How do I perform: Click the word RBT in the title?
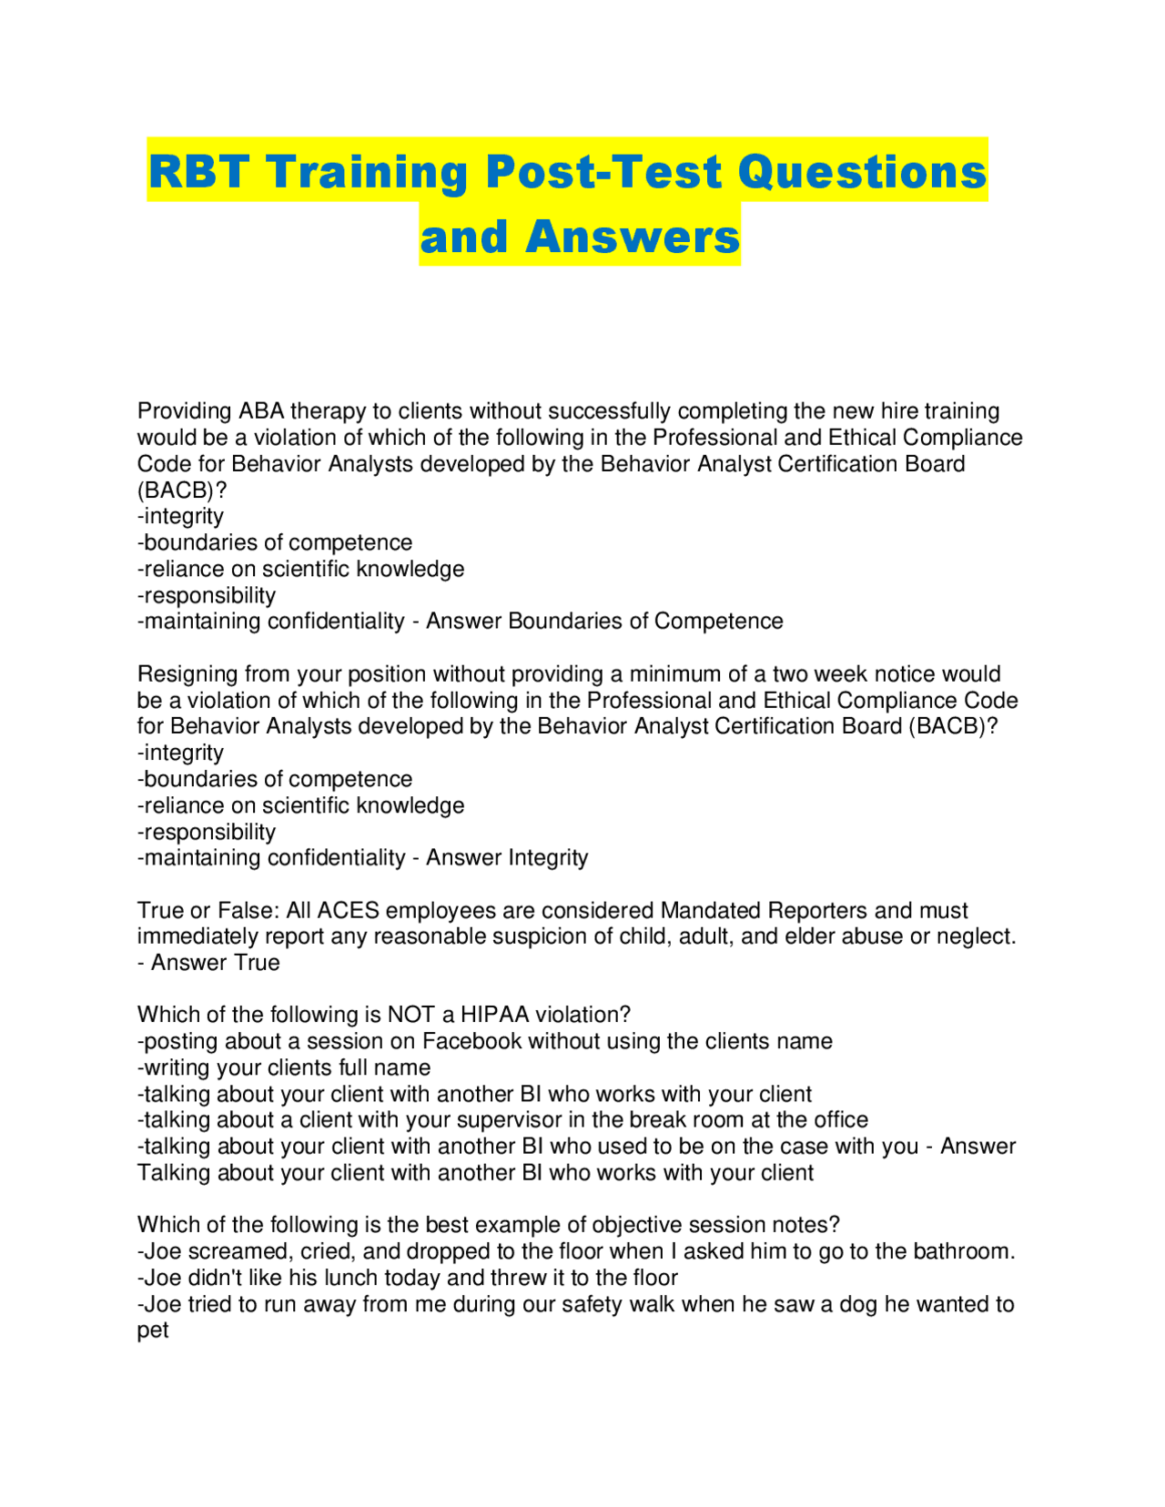(x=200, y=171)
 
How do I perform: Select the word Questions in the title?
(x=862, y=171)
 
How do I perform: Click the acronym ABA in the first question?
(x=261, y=411)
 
